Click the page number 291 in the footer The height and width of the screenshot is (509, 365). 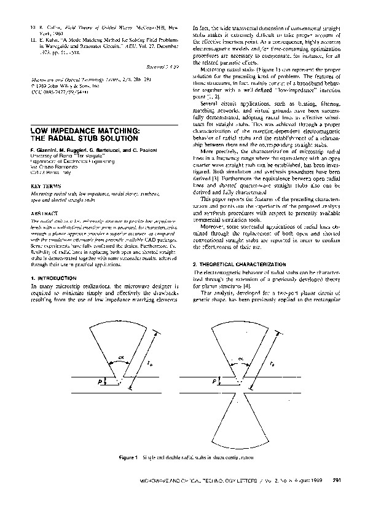(337, 479)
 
